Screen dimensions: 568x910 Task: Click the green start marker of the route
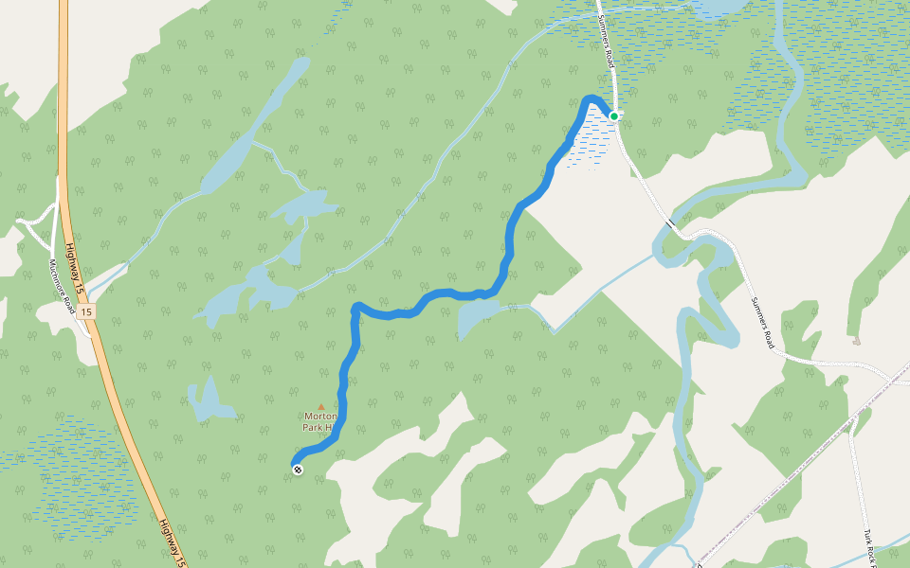click(613, 116)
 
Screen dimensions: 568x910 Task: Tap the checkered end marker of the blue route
click(299, 469)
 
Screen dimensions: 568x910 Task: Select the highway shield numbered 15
click(86, 311)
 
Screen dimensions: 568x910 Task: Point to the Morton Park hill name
click(319, 421)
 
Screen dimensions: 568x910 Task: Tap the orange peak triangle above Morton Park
click(320, 407)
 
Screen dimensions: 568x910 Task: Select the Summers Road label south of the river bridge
click(763, 323)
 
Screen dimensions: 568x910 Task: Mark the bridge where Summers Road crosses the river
click(671, 225)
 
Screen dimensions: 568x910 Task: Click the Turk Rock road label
click(869, 546)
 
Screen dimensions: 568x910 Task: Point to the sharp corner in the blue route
click(355, 307)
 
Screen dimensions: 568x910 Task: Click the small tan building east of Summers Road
click(857, 340)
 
